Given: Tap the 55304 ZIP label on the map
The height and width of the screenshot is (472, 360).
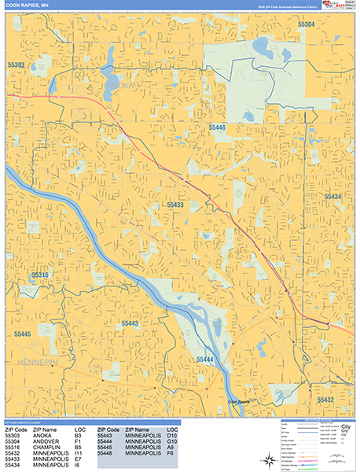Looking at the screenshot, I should pos(306,25).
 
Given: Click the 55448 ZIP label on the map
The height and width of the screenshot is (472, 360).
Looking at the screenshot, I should pos(217,127).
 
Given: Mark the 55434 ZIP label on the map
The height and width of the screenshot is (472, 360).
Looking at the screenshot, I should pos(332,196).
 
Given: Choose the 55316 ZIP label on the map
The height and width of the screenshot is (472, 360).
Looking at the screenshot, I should pos(39,275).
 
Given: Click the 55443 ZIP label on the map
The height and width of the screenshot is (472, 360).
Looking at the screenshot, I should pos(130,323).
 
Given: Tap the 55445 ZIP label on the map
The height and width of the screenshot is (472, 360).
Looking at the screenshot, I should pos(23,334).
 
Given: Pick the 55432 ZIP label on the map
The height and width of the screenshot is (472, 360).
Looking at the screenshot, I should pos(325,400).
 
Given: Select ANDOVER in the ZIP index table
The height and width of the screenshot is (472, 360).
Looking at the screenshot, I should pos(55,441).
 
